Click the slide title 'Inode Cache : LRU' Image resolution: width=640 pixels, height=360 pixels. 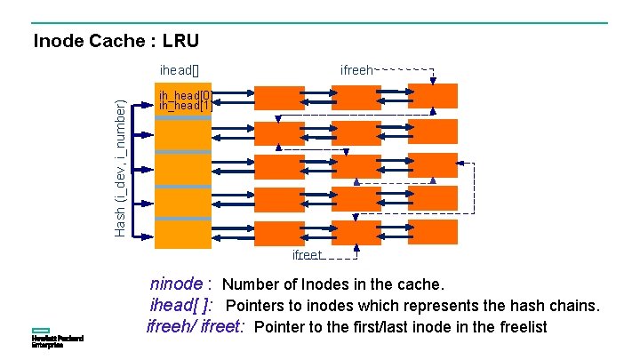116,41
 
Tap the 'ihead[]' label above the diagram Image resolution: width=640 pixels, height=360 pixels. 180,68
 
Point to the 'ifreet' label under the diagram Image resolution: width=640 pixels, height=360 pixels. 308,255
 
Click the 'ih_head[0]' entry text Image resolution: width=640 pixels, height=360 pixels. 184,94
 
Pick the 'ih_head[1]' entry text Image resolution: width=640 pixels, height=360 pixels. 184,105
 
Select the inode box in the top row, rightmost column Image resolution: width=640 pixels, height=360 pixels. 433,96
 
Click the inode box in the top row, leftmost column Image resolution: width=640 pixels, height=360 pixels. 279,96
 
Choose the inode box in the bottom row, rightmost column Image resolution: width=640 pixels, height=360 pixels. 433,232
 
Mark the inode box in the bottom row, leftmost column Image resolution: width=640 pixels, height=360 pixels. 279,232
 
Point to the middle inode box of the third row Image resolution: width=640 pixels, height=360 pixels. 356,166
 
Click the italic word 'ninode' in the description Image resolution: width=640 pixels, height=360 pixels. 176,285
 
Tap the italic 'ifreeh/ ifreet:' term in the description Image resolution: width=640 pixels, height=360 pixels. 196,326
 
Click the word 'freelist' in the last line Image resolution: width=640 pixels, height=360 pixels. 520,326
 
